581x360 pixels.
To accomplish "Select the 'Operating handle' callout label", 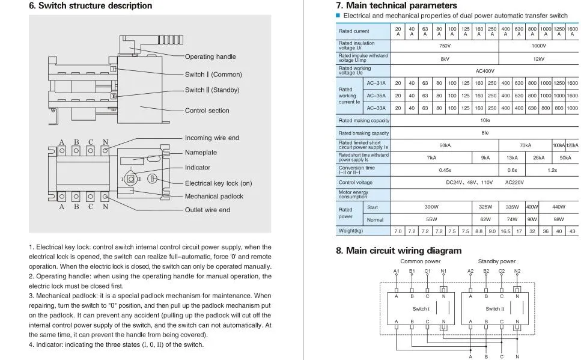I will click(x=210, y=56).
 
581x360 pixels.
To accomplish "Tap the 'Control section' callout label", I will click(x=207, y=111).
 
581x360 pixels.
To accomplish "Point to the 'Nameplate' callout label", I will click(x=201, y=153).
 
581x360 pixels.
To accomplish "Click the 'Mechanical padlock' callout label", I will click(x=214, y=197).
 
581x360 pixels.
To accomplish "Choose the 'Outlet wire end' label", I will click(x=207, y=210).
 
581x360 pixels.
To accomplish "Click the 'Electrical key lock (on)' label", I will click(x=218, y=183).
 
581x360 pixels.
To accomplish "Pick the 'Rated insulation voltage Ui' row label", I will click(x=356, y=46).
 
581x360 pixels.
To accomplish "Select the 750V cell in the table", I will click(x=445, y=46).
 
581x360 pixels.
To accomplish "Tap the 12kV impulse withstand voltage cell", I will click(x=538, y=59).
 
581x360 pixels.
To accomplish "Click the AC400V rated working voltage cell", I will click(x=485, y=71).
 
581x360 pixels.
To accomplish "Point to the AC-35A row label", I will click(x=376, y=96).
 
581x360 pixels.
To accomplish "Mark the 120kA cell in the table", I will click(x=572, y=145).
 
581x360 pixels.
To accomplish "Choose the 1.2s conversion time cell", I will click(x=552, y=170).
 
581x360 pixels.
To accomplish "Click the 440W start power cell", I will click(x=559, y=207).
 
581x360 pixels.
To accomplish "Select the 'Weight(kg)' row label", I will click(x=351, y=231).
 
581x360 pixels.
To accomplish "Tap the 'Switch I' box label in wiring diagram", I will click(x=420, y=309).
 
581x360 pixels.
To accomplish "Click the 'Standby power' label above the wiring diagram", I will click(x=496, y=261).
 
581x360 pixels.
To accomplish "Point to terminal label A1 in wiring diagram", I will click(x=396, y=271).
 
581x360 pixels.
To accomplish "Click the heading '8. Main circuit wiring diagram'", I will click(x=398, y=251).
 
